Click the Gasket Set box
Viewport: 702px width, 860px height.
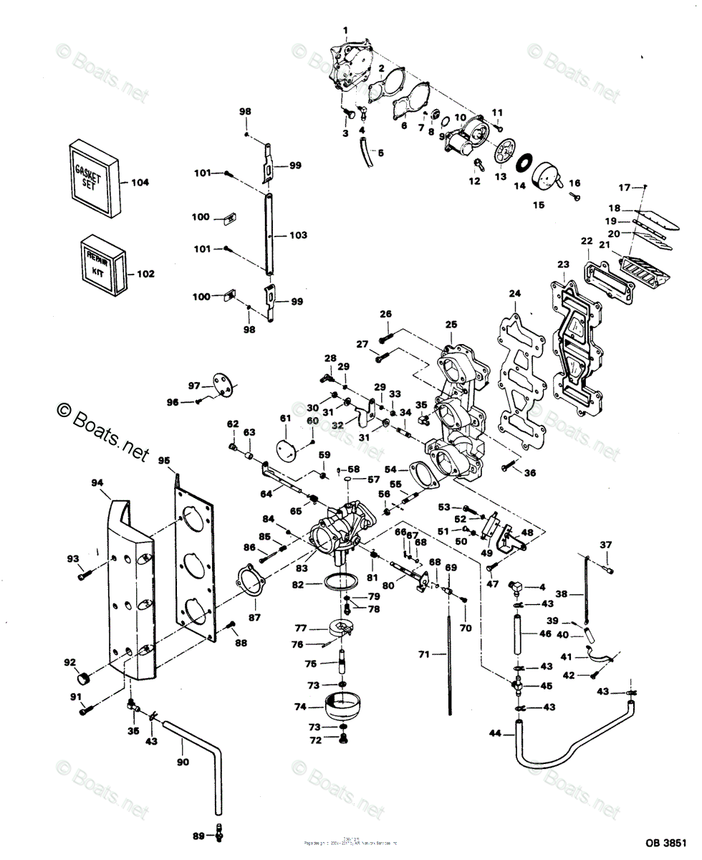[x=92, y=177]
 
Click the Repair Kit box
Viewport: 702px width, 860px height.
[x=102, y=263]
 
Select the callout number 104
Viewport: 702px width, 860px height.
[x=140, y=183]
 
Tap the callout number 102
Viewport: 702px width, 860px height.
[x=145, y=273]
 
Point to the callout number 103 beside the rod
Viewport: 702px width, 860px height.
[x=298, y=235]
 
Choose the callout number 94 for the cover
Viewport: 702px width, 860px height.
[x=97, y=483]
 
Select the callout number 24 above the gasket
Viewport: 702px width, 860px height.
[x=514, y=293]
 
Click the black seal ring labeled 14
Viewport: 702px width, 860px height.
[x=521, y=162]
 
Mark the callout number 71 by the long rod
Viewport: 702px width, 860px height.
[x=423, y=654]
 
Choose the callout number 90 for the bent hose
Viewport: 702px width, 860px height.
[x=183, y=762]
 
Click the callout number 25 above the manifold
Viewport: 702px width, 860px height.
[x=450, y=325]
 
